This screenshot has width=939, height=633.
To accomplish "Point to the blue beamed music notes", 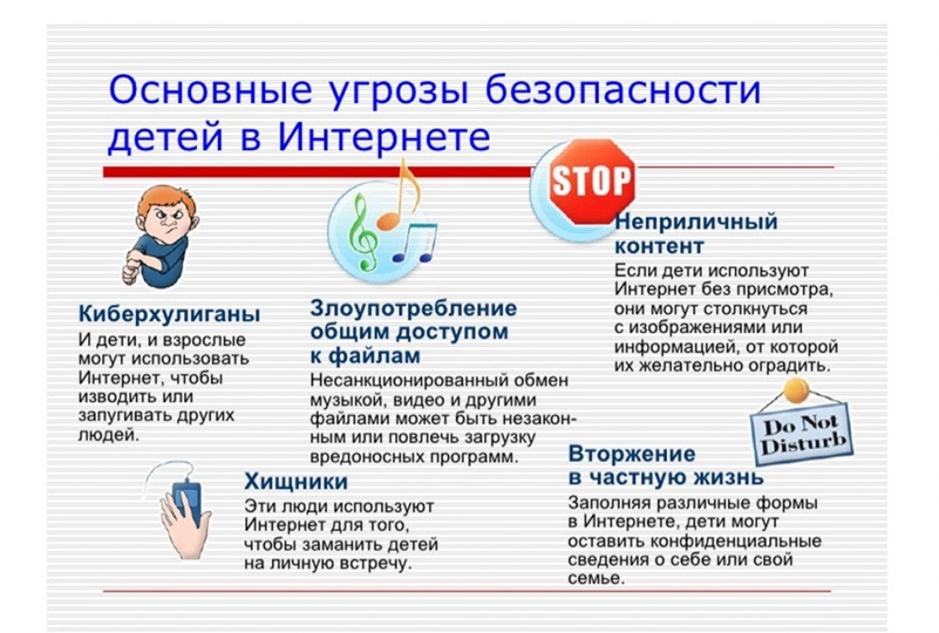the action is point(415,242).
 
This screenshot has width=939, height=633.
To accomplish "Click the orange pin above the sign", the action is point(796,391).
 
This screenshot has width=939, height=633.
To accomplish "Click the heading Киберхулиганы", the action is point(170,314).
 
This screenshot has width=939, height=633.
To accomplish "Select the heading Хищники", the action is point(296,481).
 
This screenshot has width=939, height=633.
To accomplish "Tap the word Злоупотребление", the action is point(413,307).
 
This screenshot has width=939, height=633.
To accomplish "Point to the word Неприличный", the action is point(696,223).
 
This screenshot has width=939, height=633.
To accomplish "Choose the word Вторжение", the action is point(631,453).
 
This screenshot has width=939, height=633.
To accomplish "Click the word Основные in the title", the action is point(210,90).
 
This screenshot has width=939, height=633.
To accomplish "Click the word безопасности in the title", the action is point(622,90).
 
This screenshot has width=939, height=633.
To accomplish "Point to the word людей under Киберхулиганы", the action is point(108,435).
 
